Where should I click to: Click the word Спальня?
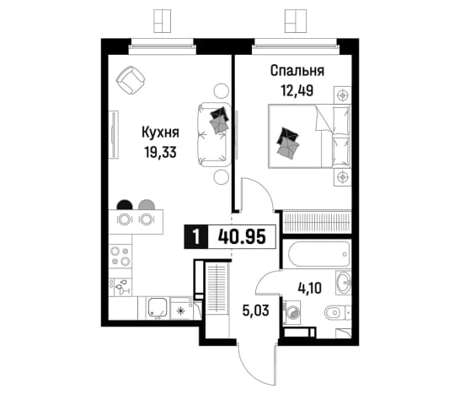297,72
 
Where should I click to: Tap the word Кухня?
160,133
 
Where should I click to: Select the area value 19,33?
160,152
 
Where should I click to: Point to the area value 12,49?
297,91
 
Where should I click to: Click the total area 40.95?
242,236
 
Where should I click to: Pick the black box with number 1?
196,237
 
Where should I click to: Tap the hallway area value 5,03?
256,311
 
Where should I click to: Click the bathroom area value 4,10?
309,288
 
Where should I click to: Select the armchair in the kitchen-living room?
131,79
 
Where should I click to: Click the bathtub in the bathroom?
319,254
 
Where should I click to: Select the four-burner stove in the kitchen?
120,257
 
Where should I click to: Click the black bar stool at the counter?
125,205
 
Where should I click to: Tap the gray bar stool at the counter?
147,205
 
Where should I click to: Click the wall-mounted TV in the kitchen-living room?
114,134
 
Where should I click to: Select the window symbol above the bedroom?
296,20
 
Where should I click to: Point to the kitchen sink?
158,308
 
